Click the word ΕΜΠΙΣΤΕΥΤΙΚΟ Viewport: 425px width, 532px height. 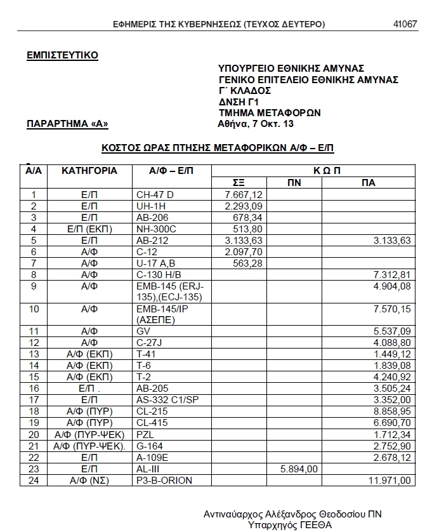[62, 55]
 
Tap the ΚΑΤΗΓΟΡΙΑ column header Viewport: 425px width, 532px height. [89, 171]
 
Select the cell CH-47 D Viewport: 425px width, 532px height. [155, 194]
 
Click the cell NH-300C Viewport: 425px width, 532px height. [155, 229]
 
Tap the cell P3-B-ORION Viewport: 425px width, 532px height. [164, 480]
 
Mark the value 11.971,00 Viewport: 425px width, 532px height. [393, 480]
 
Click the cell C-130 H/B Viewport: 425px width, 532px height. [159, 274]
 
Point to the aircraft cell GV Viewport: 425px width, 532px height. [143, 331]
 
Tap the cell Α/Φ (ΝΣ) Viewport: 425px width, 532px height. [89, 480]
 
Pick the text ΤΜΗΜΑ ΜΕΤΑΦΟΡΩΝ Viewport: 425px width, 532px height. [270, 112]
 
